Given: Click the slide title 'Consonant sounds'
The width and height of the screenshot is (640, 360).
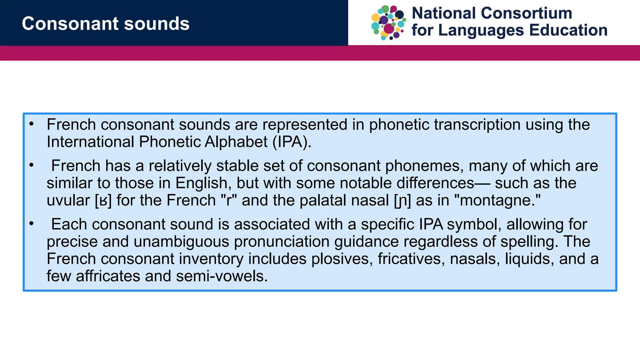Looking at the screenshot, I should (x=106, y=24).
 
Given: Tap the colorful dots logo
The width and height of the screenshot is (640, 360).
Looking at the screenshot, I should (x=388, y=23).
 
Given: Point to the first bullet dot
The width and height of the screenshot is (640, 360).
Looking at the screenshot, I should (x=31, y=124).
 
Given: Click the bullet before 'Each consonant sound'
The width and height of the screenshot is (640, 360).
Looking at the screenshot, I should (x=31, y=224).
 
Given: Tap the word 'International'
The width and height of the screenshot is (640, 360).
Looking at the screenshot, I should (x=90, y=142).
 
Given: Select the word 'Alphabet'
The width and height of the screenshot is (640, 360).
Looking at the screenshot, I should (x=236, y=142).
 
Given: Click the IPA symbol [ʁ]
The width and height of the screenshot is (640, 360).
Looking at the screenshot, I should (x=103, y=201).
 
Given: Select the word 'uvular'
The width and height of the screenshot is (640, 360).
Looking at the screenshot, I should (x=68, y=201).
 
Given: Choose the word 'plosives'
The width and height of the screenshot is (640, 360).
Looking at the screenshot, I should (x=342, y=259).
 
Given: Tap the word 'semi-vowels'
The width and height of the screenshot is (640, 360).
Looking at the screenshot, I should (x=222, y=276).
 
